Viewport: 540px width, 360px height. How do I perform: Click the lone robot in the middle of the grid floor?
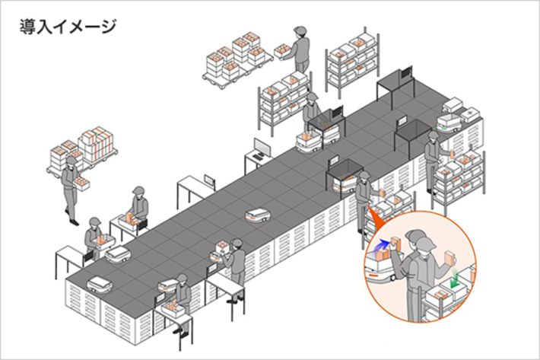coord(257,215)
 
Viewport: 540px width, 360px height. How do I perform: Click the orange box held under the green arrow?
coord(449,257)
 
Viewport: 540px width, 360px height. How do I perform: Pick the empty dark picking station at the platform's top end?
coord(395,84)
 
